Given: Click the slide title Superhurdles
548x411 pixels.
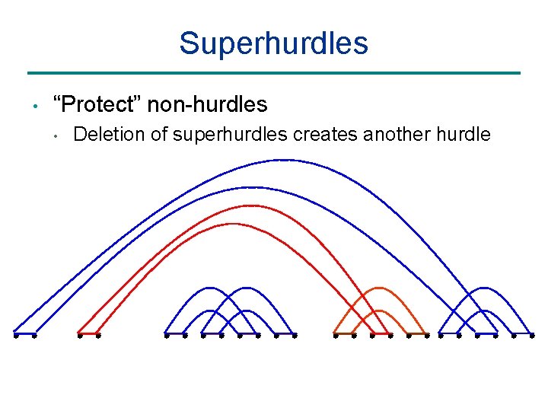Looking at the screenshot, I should (273, 43).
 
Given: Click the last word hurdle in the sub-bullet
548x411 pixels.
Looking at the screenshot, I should (464, 135).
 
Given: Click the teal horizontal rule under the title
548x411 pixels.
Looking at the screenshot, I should (273, 73).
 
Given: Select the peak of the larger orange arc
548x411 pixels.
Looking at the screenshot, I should (378, 288).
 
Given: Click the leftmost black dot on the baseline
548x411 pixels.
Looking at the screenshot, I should (15, 334).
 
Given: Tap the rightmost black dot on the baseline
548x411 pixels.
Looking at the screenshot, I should (532, 334).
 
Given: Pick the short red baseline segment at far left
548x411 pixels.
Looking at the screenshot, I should (88, 334).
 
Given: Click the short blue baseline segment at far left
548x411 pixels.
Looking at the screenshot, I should (24, 334).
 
